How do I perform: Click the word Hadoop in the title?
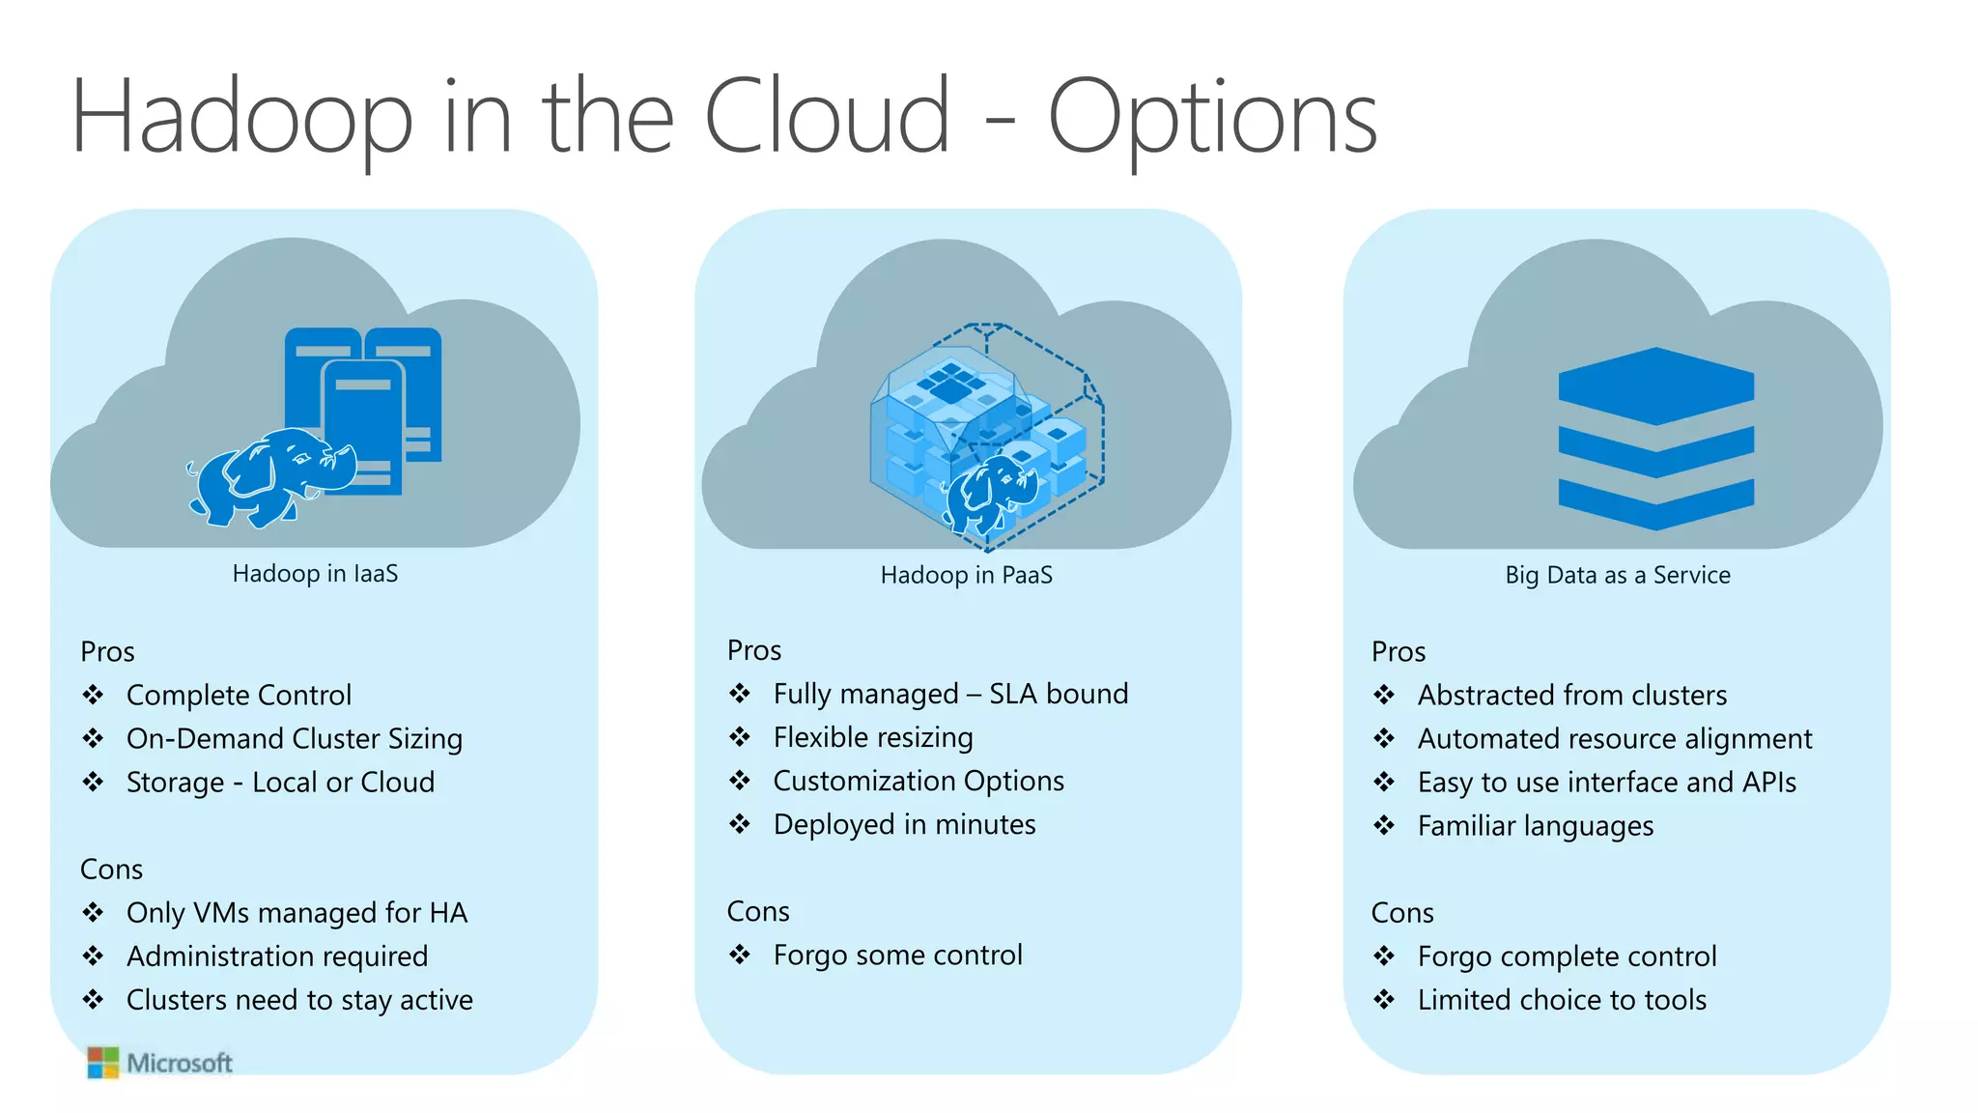pyautogui.click(x=241, y=118)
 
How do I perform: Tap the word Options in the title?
pyautogui.click(x=1212, y=118)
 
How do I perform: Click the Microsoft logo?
pyautogui.click(x=159, y=1063)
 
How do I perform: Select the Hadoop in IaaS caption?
pyautogui.click(x=315, y=574)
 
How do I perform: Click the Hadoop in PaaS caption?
pyautogui.click(x=966, y=576)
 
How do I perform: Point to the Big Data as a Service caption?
pyautogui.click(x=1618, y=576)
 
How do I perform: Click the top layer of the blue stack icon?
pyautogui.click(x=1655, y=385)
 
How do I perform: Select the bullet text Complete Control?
pyautogui.click(x=239, y=696)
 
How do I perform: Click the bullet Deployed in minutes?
pyautogui.click(x=904, y=825)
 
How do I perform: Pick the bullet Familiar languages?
pyautogui.click(x=1536, y=827)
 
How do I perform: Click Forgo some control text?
pyautogui.click(x=897, y=956)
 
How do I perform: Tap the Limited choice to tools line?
pyautogui.click(x=1562, y=1000)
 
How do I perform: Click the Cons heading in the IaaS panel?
pyautogui.click(x=111, y=870)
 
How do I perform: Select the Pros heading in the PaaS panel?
pyautogui.click(x=754, y=650)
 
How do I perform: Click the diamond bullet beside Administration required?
pyautogui.click(x=93, y=956)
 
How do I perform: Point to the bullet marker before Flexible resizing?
pyautogui.click(x=740, y=738)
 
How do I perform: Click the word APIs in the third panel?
pyautogui.click(x=1768, y=783)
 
